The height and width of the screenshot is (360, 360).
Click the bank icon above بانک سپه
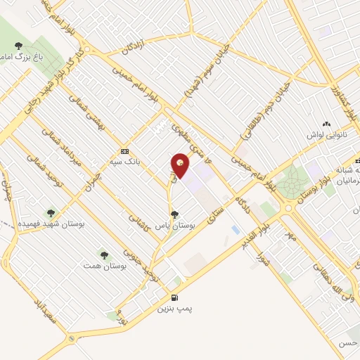(124, 151)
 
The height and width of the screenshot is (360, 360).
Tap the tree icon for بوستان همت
(103, 254)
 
